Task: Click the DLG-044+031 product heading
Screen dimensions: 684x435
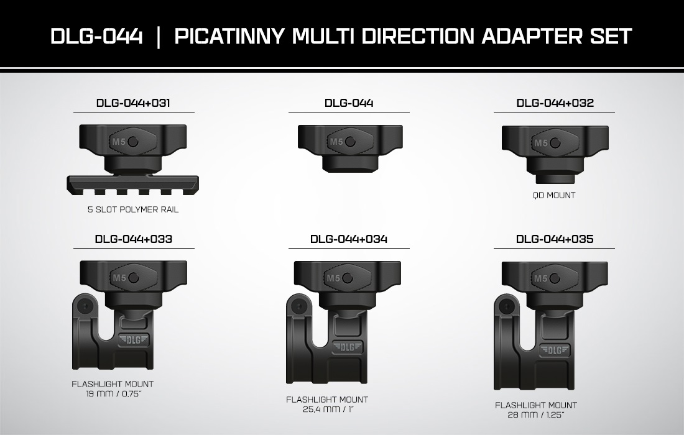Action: [x=133, y=103]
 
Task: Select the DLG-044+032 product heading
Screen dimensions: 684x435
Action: [x=555, y=103]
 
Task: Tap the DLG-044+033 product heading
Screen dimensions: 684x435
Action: [x=134, y=239]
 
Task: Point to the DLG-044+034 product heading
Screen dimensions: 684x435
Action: [x=349, y=239]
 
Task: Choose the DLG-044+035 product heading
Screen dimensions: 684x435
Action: [x=555, y=239]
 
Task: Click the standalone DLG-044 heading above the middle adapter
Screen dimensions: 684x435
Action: [x=349, y=103]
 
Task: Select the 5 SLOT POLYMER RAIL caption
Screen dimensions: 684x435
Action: [x=133, y=209]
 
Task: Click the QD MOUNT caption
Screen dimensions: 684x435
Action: [x=554, y=195]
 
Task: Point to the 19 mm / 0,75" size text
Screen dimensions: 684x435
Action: [x=113, y=394]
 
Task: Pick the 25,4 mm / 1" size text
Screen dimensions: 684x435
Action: [x=327, y=410]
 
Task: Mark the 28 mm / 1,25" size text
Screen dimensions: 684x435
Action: [x=536, y=414]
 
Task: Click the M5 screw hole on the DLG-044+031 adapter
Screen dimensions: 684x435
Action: [x=134, y=142]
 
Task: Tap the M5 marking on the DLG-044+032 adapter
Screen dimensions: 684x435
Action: [x=541, y=143]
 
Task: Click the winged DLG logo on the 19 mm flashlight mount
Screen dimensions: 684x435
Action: [x=133, y=339]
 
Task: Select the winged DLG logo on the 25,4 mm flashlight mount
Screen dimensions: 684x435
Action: [x=347, y=347]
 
